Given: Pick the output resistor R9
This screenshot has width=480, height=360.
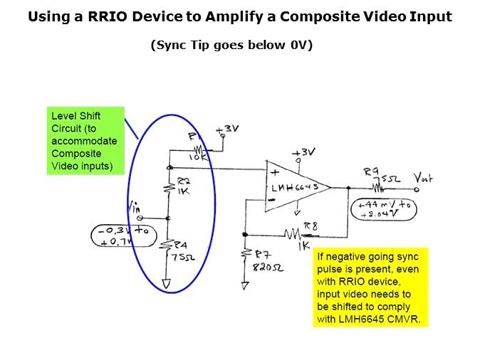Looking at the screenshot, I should click(x=376, y=188).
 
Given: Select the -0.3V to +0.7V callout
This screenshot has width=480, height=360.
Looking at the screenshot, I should click(x=122, y=235).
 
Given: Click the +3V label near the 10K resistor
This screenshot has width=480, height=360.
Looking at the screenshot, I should click(x=229, y=129).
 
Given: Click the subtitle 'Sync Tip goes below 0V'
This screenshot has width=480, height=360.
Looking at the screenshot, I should click(x=231, y=45).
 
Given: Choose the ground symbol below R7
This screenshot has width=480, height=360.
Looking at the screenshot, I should click(x=245, y=286).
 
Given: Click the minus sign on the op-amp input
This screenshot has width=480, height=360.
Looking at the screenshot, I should click(x=271, y=201).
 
